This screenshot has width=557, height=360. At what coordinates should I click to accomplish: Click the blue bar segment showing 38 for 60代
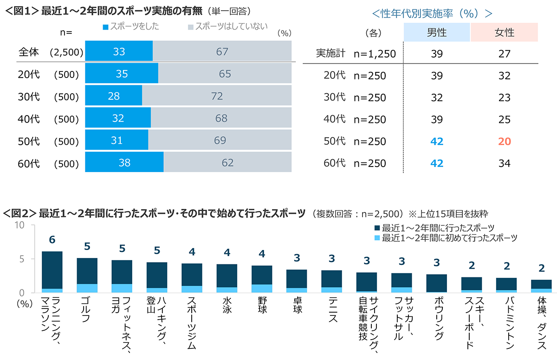[124, 163]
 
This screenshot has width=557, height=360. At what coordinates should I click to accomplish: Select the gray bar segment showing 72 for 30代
[217, 96]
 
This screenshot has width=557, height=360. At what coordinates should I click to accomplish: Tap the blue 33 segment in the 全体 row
[119, 51]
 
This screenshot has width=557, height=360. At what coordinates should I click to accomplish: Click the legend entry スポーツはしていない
[227, 26]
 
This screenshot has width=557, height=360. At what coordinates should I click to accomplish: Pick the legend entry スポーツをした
[130, 26]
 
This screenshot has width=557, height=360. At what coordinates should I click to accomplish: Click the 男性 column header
[437, 33]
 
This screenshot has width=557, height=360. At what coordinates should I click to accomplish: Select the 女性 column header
[504, 33]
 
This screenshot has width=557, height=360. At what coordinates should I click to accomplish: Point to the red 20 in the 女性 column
[504, 141]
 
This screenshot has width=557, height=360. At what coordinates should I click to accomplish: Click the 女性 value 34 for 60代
[504, 163]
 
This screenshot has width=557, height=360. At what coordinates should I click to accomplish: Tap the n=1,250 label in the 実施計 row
[375, 54]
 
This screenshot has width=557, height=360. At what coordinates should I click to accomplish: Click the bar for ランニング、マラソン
[52, 272]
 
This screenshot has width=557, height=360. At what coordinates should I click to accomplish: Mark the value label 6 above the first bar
[52, 239]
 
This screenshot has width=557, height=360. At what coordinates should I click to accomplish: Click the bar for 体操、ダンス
[541, 286]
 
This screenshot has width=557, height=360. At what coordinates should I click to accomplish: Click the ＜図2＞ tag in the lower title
[19, 213]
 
